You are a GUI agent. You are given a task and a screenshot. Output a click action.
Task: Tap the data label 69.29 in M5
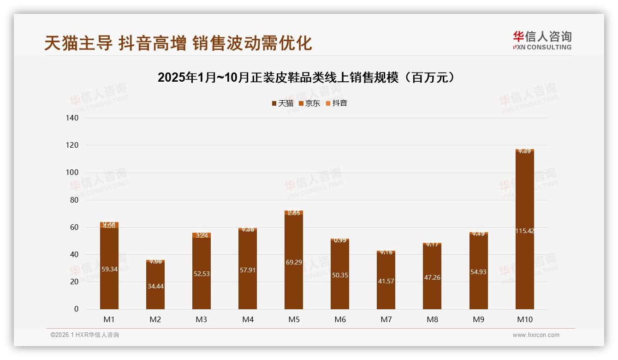point(294,262)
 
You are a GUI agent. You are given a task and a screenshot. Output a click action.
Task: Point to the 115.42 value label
point(524,231)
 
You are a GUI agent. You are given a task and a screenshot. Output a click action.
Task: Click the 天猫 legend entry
point(282,103)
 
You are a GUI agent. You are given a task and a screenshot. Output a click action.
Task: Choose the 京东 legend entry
point(309,103)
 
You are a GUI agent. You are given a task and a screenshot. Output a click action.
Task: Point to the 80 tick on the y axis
point(73,200)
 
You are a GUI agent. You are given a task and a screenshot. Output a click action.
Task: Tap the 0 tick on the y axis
point(76,309)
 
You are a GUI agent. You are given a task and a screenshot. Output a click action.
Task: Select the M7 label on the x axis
point(386,319)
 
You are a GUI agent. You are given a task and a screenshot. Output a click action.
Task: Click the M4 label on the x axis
point(248,319)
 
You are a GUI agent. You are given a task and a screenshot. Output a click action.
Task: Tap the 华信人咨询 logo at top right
point(542,41)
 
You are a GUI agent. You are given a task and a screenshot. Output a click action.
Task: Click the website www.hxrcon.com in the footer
point(536,335)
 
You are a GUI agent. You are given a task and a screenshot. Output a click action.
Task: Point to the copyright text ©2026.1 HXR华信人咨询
point(85,335)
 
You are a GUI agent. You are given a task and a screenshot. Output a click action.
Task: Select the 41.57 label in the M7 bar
point(386,281)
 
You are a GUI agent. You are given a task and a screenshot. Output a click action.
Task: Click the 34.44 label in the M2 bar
point(155,286)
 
